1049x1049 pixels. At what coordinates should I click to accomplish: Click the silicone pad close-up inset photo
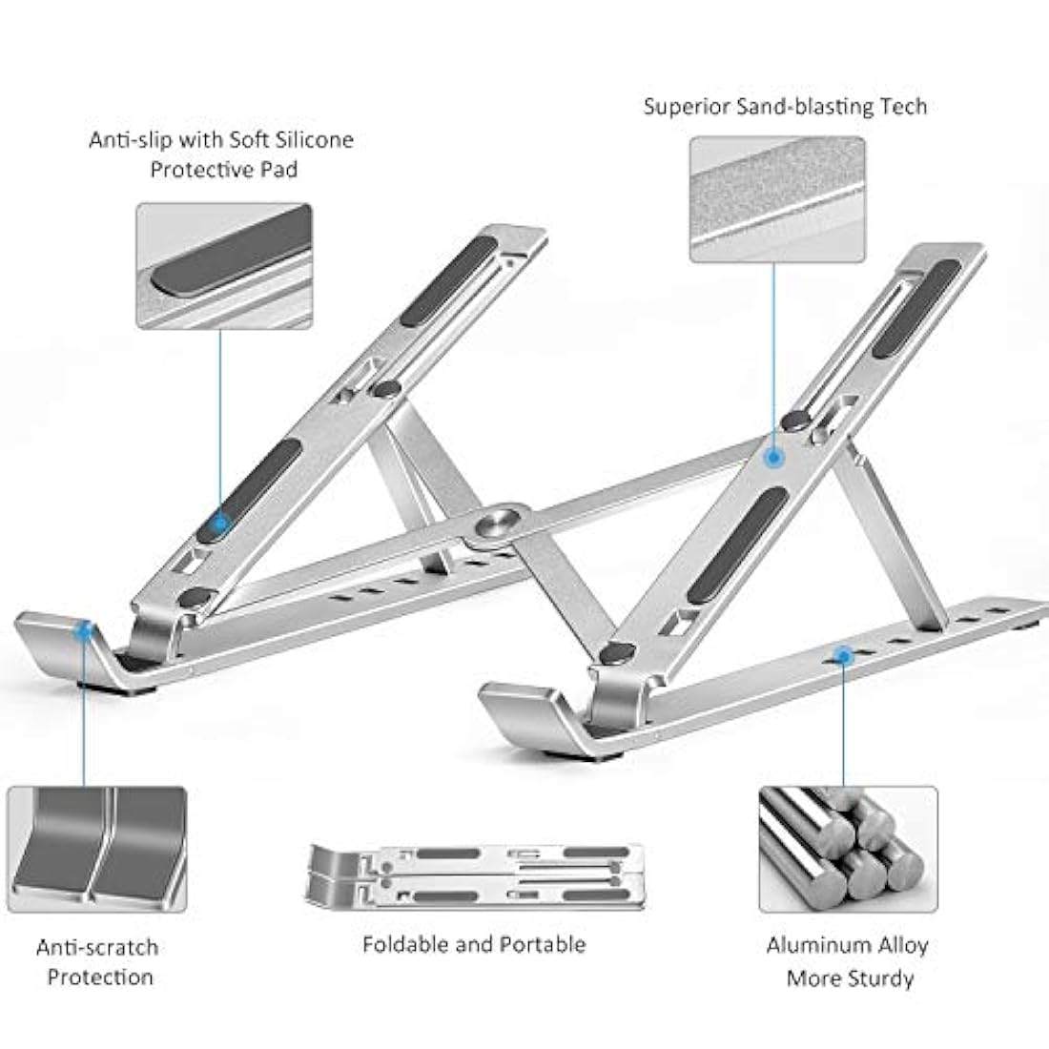point(223,265)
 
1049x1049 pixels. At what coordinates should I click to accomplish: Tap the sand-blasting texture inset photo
point(777,199)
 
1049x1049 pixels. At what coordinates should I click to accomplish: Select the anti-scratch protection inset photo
point(96,848)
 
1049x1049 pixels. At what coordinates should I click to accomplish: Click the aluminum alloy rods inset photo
point(848,849)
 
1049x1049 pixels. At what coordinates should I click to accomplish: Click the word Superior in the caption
point(687,106)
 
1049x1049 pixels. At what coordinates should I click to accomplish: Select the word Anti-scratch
point(96,947)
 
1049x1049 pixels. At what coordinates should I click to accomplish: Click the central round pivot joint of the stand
point(497,523)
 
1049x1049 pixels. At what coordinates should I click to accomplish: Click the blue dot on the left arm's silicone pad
point(220,523)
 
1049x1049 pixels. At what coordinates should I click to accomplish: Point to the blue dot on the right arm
point(773,457)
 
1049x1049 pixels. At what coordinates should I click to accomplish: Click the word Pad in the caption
point(278,170)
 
